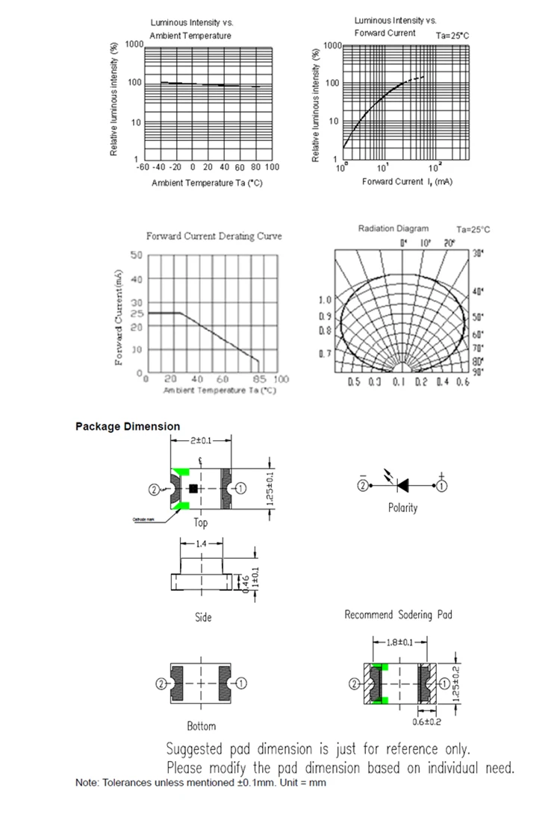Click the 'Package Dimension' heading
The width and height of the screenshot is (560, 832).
click(128, 427)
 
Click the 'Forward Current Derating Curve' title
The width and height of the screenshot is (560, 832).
click(214, 237)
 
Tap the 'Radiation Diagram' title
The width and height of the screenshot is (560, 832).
click(393, 228)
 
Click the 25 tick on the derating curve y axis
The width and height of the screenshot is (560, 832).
click(136, 313)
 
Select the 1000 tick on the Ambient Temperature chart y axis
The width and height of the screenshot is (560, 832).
click(134, 45)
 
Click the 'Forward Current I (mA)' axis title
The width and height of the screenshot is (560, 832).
click(407, 182)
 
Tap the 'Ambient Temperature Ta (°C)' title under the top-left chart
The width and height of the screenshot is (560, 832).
click(207, 184)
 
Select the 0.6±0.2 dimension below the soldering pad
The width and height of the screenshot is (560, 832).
click(426, 722)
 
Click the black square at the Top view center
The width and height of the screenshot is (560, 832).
click(193, 489)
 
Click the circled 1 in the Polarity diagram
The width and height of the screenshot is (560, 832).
click(442, 486)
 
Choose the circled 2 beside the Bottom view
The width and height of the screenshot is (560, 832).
click(160, 684)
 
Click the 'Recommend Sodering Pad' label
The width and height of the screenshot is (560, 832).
click(398, 615)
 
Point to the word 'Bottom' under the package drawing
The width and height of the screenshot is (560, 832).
click(201, 726)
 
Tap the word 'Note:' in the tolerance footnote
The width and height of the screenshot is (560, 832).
click(87, 783)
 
